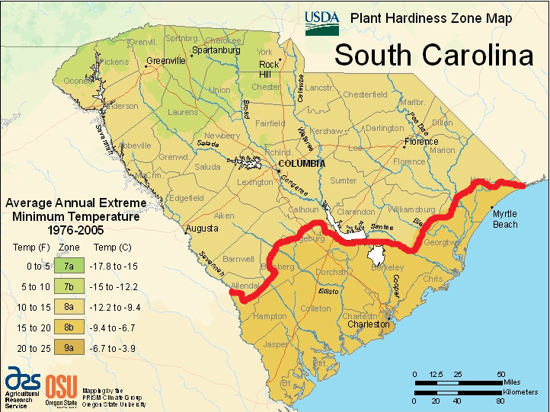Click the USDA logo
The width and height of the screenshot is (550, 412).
[321, 22]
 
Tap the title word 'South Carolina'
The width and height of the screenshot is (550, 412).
[433, 55]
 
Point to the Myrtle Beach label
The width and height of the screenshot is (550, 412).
[504, 219]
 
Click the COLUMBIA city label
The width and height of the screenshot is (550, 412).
[301, 164]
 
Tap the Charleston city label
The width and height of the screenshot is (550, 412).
[368, 325]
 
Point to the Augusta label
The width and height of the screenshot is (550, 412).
[201, 228]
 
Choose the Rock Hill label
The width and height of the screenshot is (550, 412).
[270, 69]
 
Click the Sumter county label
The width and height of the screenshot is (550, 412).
[343, 181]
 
